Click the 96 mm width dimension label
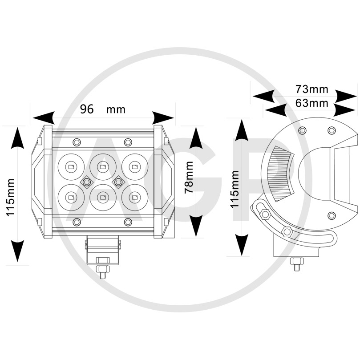coord(103,109)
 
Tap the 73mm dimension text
coord(311,89)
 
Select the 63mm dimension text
coord(311,103)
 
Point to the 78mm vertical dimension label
coord(189,178)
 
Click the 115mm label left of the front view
coord(10,197)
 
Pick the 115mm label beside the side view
coord(235,190)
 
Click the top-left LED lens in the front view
coord(71,167)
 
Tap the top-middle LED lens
coord(103,167)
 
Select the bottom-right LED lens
coord(135,197)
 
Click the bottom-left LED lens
coord(71,197)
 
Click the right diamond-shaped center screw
coord(118,182)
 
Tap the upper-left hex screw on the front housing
coord(77,142)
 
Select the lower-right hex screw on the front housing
coord(128,222)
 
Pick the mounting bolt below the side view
coord(297,264)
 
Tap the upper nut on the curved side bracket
coord(265,214)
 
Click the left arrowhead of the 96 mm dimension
coord(44,118)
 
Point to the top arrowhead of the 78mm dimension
coord(195,138)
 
